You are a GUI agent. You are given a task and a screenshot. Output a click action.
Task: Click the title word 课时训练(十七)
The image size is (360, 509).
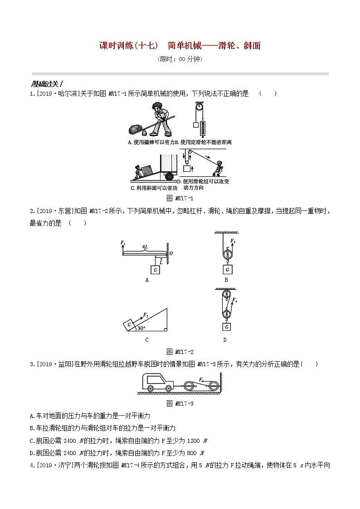pos(128,45)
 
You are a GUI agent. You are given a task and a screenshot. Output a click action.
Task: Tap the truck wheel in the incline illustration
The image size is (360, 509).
pos(170,176)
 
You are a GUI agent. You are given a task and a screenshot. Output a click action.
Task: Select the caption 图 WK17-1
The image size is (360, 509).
pos(180,198)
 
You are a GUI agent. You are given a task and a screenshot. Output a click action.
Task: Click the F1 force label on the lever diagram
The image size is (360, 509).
pos(123,243)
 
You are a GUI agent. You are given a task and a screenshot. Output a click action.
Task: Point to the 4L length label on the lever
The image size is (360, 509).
pos(145,247)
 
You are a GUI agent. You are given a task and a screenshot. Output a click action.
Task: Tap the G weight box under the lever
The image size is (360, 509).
pos(156,270)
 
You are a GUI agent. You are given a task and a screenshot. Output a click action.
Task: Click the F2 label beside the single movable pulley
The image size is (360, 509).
pos(233,242)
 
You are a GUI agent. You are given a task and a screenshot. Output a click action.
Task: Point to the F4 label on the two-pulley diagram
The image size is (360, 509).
pos(235,300)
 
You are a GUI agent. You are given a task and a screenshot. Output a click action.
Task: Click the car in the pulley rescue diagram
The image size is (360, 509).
pos(157,382)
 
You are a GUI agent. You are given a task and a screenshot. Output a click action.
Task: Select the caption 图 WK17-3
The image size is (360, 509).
pos(180,403)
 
